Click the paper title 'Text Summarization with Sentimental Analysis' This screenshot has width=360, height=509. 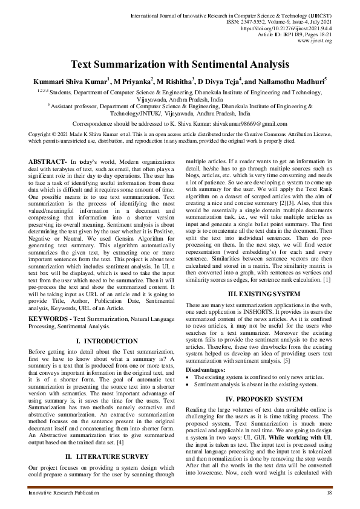pyautogui.click(x=180, y=63)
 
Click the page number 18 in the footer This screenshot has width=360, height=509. pyautogui.click(x=329, y=494)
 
